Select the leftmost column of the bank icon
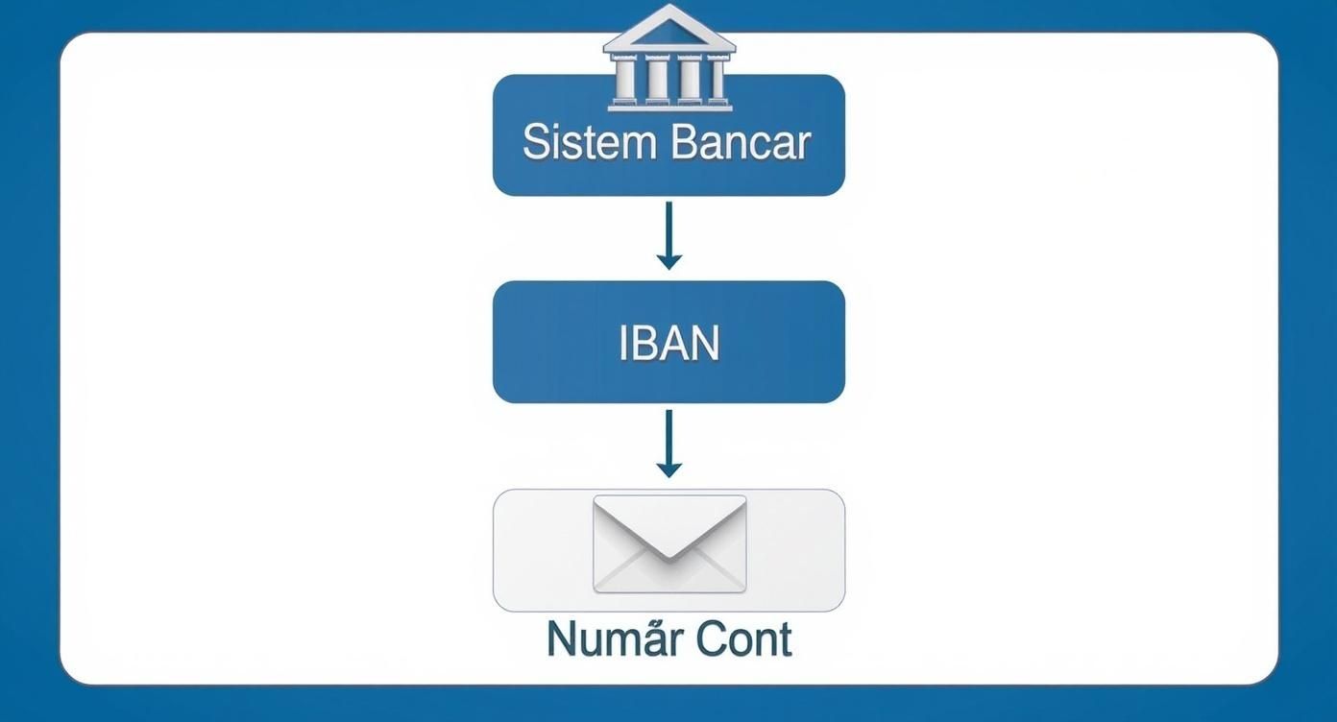625,79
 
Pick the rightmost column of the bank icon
716,79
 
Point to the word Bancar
741,142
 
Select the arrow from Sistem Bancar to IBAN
668,234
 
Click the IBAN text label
668,344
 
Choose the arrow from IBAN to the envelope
668,443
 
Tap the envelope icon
669,544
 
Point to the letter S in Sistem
536,142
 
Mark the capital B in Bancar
686,142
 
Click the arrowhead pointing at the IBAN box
668,260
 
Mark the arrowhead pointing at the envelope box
668,469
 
